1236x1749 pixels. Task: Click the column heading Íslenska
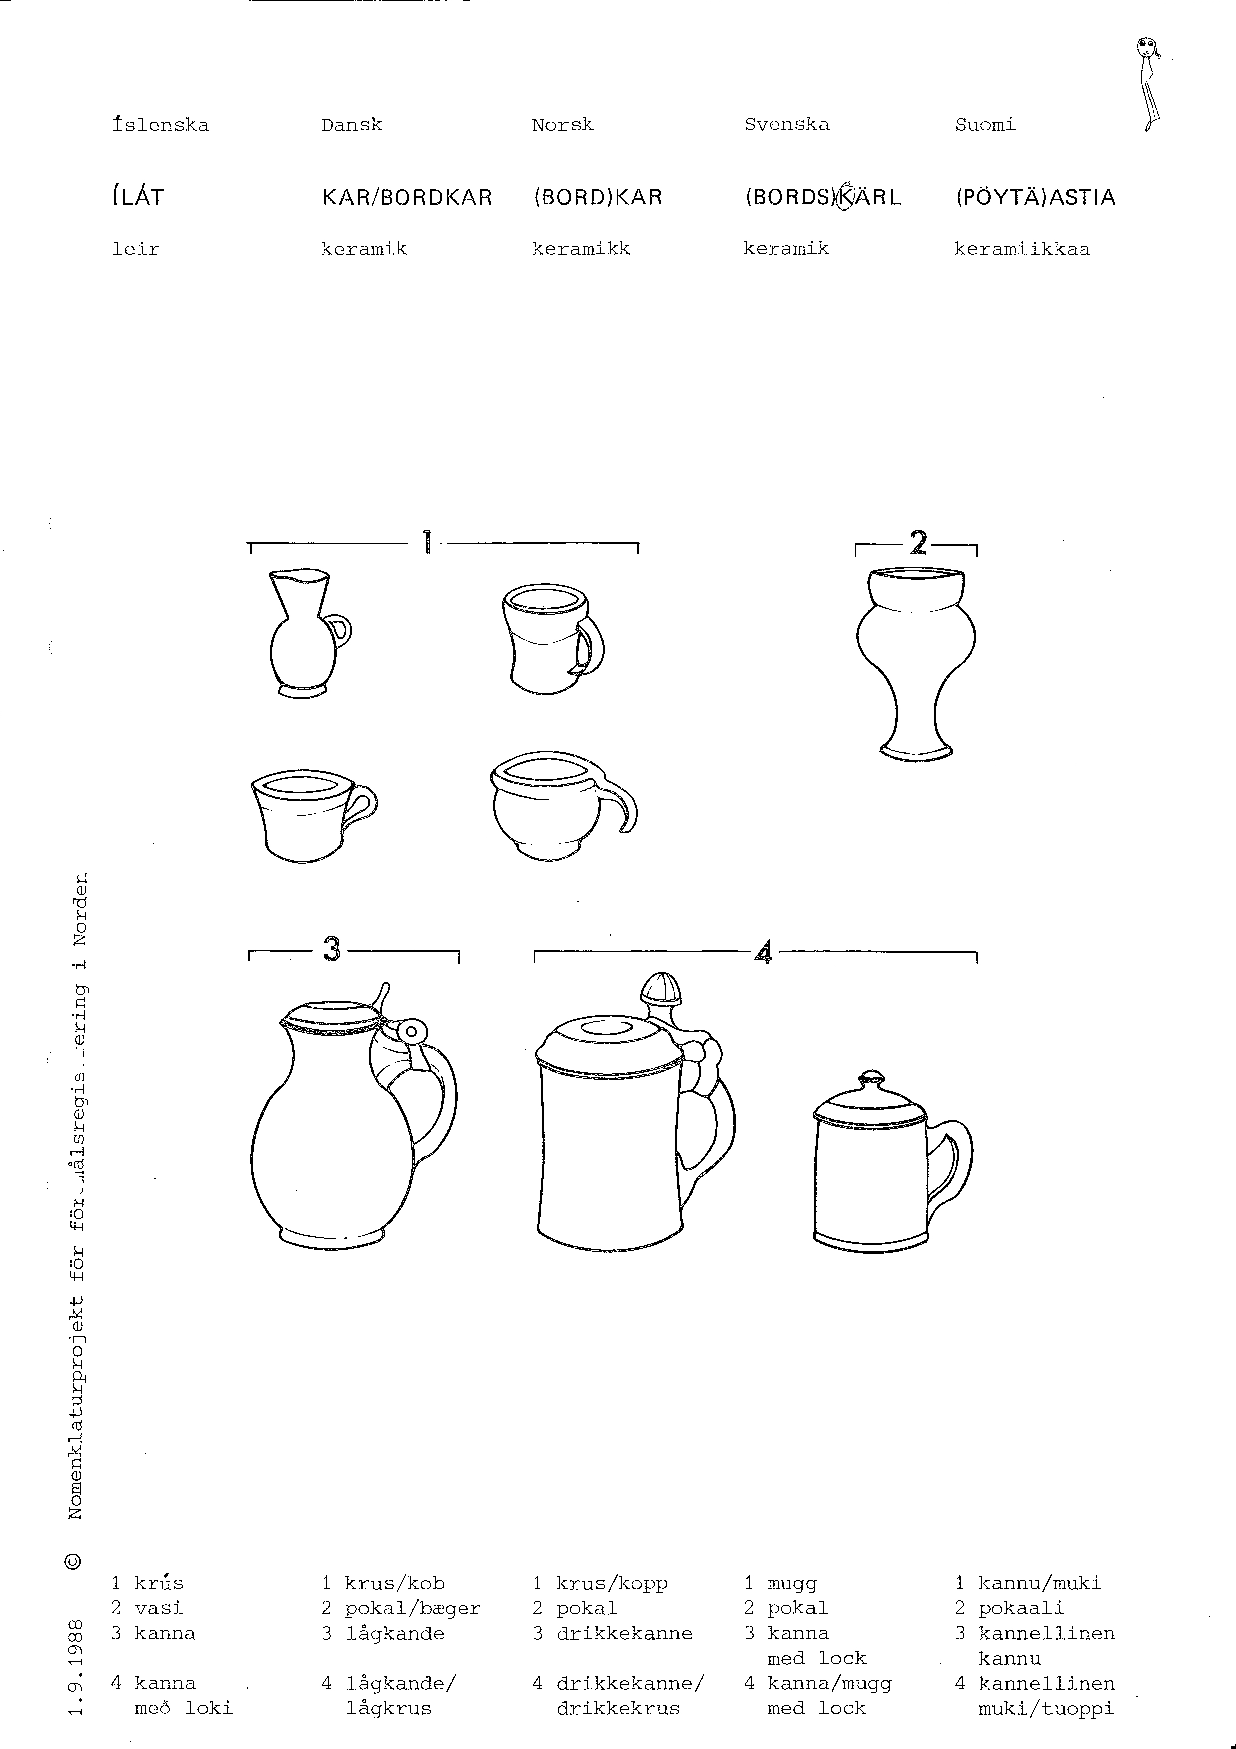160,124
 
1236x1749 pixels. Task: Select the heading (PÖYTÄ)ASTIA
1036,198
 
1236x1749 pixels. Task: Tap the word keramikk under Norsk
581,249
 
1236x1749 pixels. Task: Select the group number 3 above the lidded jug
332,949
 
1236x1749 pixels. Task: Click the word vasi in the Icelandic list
158,1608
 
